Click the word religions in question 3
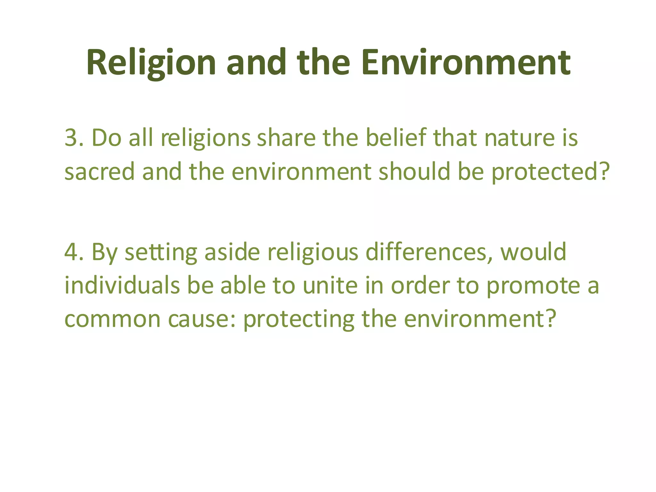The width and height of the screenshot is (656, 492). (x=205, y=138)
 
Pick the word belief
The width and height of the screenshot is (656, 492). (x=396, y=138)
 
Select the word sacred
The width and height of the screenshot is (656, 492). (x=99, y=172)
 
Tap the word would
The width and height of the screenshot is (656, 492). (x=534, y=252)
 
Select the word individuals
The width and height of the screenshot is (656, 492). (x=122, y=285)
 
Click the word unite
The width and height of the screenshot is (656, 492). (x=330, y=285)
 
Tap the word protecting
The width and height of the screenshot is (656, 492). (x=299, y=319)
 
